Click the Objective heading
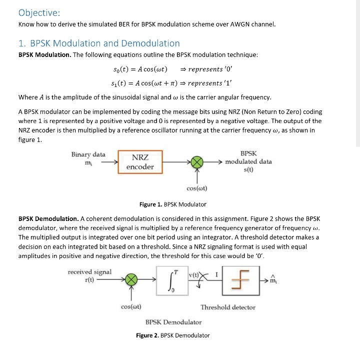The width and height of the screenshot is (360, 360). coord(39,12)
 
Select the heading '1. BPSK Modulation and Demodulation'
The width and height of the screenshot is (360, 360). coord(99,43)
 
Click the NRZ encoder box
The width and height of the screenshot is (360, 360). coord(140,162)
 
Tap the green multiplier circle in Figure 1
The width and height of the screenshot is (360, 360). coord(197,162)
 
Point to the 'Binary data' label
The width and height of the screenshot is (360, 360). coord(88,154)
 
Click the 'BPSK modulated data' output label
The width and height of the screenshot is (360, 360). coord(248,161)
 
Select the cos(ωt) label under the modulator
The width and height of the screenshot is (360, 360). coord(197,188)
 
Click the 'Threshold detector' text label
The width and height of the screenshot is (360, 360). coord(228,307)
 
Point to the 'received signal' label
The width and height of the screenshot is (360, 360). coord(89,272)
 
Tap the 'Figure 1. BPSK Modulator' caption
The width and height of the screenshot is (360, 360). coord(172,204)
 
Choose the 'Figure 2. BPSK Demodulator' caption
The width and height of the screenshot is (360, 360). coord(173,335)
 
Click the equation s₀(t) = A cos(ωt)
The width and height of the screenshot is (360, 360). coord(140,68)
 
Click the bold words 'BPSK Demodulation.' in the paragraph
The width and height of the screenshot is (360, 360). coord(48,219)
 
